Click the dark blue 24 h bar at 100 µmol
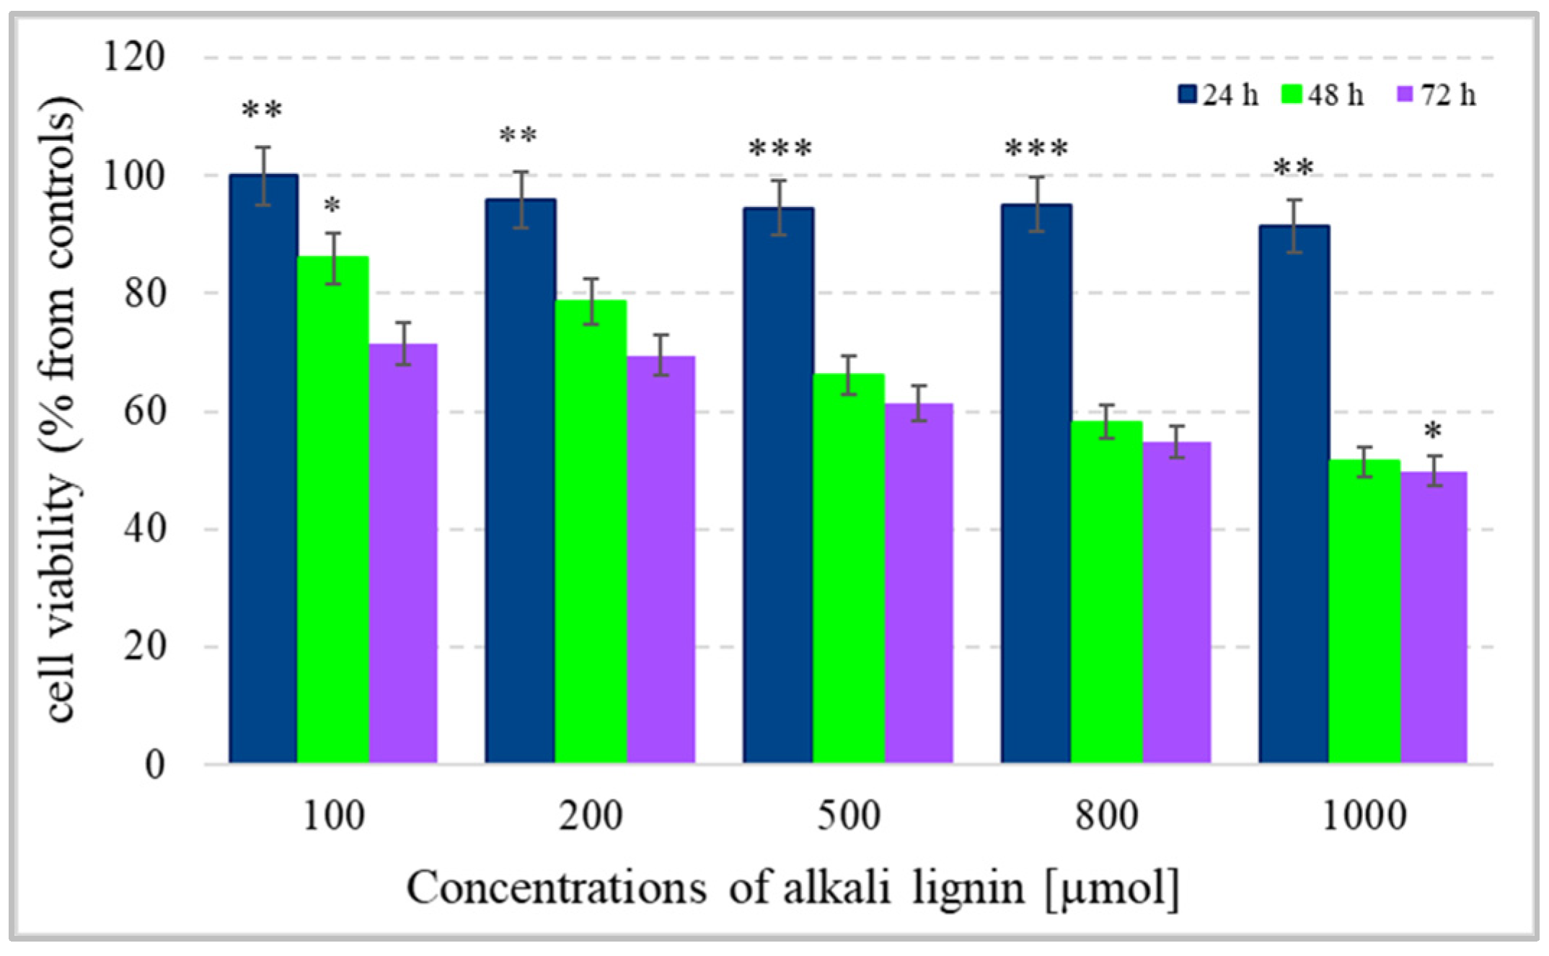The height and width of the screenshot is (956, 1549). pyautogui.click(x=263, y=469)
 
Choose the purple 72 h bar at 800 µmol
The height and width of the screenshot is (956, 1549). pyautogui.click(x=1176, y=602)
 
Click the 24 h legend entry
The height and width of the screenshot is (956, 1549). pyautogui.click(x=1219, y=95)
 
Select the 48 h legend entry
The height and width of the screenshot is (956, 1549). pyautogui.click(x=1323, y=95)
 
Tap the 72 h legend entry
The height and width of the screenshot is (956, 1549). pyautogui.click(x=1437, y=95)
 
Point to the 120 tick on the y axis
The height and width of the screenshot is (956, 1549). pyautogui.click(x=134, y=56)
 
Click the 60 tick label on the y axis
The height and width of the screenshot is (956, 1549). pyautogui.click(x=144, y=411)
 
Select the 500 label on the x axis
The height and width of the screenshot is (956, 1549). pyautogui.click(x=849, y=816)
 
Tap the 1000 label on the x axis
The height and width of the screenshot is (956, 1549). pyautogui.click(x=1364, y=816)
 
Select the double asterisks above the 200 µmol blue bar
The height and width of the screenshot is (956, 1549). pyautogui.click(x=518, y=136)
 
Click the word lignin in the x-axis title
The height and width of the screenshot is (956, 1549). pyautogui.click(x=968, y=889)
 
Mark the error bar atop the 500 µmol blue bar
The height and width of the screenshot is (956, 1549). pyautogui.click(x=778, y=207)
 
